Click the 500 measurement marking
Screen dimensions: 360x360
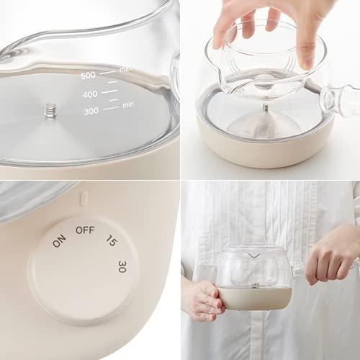click(88, 76)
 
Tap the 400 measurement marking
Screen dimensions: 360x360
click(90, 94)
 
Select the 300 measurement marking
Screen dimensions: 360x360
click(91, 111)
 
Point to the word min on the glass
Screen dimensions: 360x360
click(128, 104)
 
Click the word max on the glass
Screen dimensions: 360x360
click(126, 70)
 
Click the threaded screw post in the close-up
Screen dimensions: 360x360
click(49, 110)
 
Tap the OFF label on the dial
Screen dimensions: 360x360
click(85, 230)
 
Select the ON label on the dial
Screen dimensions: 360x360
click(59, 241)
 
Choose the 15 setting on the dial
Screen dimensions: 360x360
click(112, 240)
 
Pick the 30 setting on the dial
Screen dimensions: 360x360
click(122, 266)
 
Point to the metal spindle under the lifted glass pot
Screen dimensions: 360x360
click(265, 108)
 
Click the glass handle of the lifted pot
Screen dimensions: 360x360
click(340, 101)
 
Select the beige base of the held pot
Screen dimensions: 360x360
click(256, 297)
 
